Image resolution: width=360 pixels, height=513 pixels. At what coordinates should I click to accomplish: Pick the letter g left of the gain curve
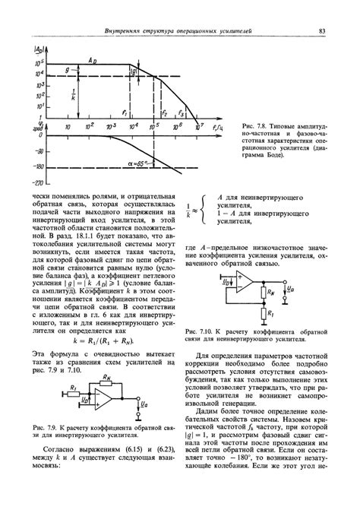pyautogui.click(x=46, y=69)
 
